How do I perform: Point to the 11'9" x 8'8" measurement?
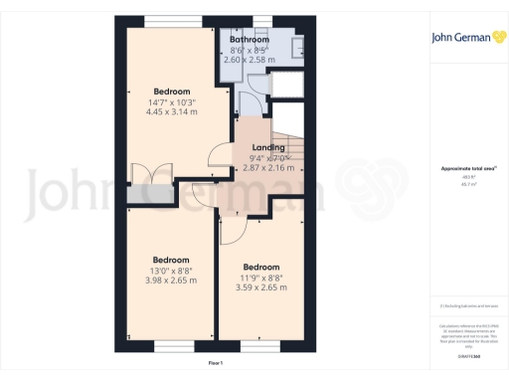(x=261, y=278)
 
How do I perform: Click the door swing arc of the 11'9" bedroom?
(x=233, y=231)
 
